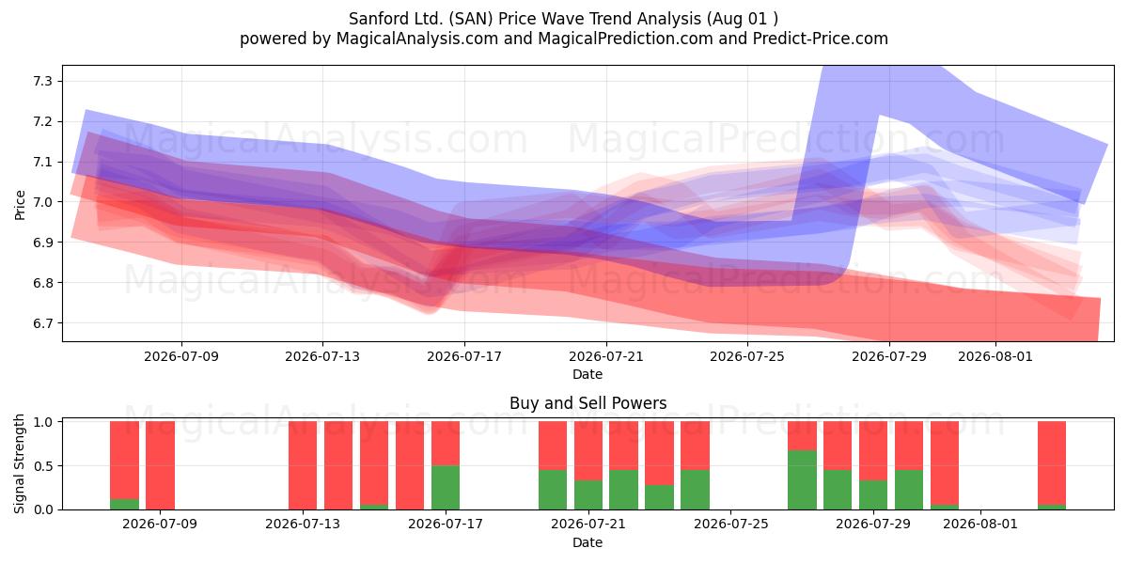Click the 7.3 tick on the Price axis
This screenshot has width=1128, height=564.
coord(43,81)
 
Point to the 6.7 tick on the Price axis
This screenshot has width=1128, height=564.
coord(43,322)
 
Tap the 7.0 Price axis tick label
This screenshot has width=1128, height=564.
coord(43,202)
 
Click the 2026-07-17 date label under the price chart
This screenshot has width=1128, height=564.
coord(464,356)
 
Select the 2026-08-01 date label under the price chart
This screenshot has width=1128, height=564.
coord(995,356)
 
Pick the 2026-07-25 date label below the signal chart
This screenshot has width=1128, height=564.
coord(730,524)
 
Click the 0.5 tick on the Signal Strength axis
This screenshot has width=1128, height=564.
coord(43,466)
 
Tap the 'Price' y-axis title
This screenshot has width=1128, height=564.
coord(20,205)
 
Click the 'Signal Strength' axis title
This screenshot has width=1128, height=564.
coord(19,463)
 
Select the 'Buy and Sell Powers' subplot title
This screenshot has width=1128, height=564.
coord(587,403)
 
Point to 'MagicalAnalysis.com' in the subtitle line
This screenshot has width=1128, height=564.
coord(417,39)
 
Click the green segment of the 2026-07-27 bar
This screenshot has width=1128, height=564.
coord(802,480)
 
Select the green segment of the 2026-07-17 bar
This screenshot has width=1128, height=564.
coord(446,488)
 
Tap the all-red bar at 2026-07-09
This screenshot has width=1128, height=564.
coord(160,465)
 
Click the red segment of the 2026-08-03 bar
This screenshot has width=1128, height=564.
coord(1052,462)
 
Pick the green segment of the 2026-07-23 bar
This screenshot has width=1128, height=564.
coord(659,497)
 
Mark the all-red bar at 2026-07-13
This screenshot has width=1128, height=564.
coord(303,465)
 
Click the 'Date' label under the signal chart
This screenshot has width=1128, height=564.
coord(587,542)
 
